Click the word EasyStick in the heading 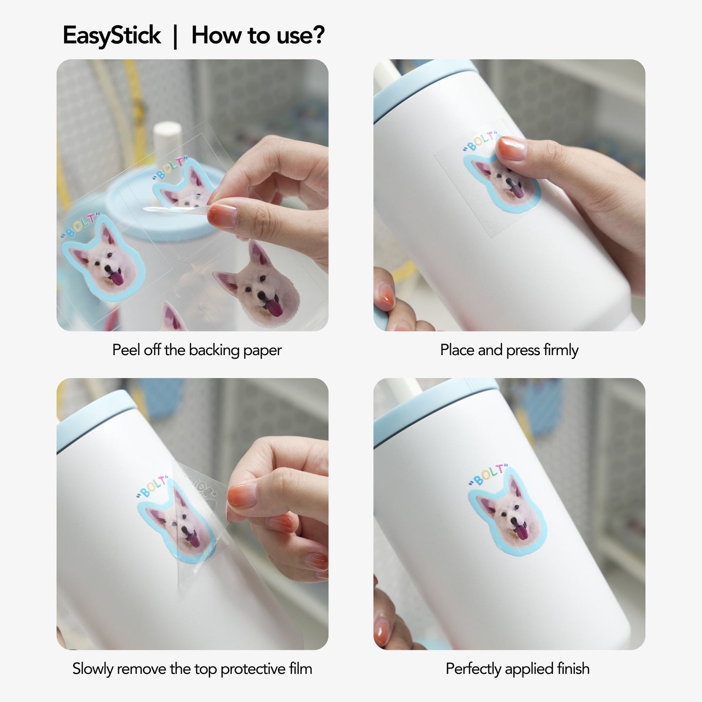point(111,36)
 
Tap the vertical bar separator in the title point(176,36)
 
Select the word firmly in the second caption point(561,350)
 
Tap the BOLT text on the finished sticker point(488,475)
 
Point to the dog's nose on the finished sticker point(514,522)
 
